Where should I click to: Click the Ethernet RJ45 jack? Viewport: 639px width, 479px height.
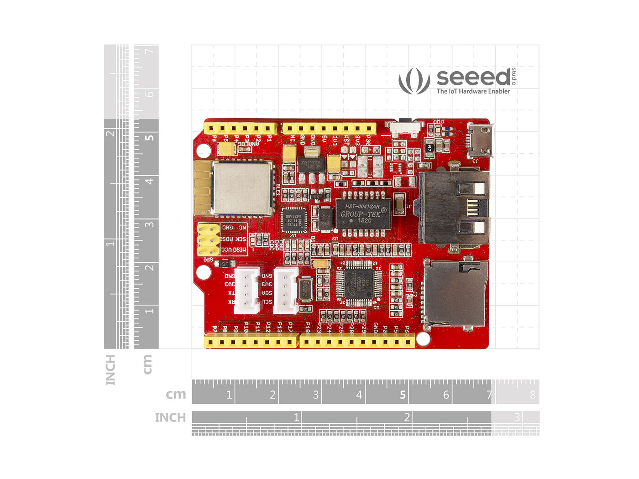(x=454, y=208)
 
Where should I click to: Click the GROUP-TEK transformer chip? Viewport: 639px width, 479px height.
(x=363, y=213)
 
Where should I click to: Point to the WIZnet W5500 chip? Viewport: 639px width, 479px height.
(x=359, y=282)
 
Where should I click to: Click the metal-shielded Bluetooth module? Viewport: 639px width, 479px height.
(x=242, y=187)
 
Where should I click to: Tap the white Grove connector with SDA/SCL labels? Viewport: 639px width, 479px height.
(x=285, y=290)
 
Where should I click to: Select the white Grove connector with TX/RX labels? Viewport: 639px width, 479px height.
(x=246, y=290)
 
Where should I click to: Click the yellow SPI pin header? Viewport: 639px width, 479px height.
(x=208, y=239)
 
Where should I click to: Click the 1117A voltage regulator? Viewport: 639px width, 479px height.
(x=312, y=165)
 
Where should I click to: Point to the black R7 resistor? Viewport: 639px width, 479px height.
(x=429, y=148)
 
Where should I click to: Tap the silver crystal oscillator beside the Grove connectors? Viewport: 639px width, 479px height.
(x=304, y=290)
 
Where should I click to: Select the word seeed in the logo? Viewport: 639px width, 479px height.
(x=473, y=78)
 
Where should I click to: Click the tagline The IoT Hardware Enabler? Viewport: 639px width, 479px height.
(x=473, y=91)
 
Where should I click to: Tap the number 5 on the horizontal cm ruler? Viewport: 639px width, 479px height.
(x=403, y=395)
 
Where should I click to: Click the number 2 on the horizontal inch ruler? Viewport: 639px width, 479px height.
(x=407, y=417)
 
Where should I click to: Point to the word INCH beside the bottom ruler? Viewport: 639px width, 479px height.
(x=170, y=417)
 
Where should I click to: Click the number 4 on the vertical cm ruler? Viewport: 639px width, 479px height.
(x=149, y=181)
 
